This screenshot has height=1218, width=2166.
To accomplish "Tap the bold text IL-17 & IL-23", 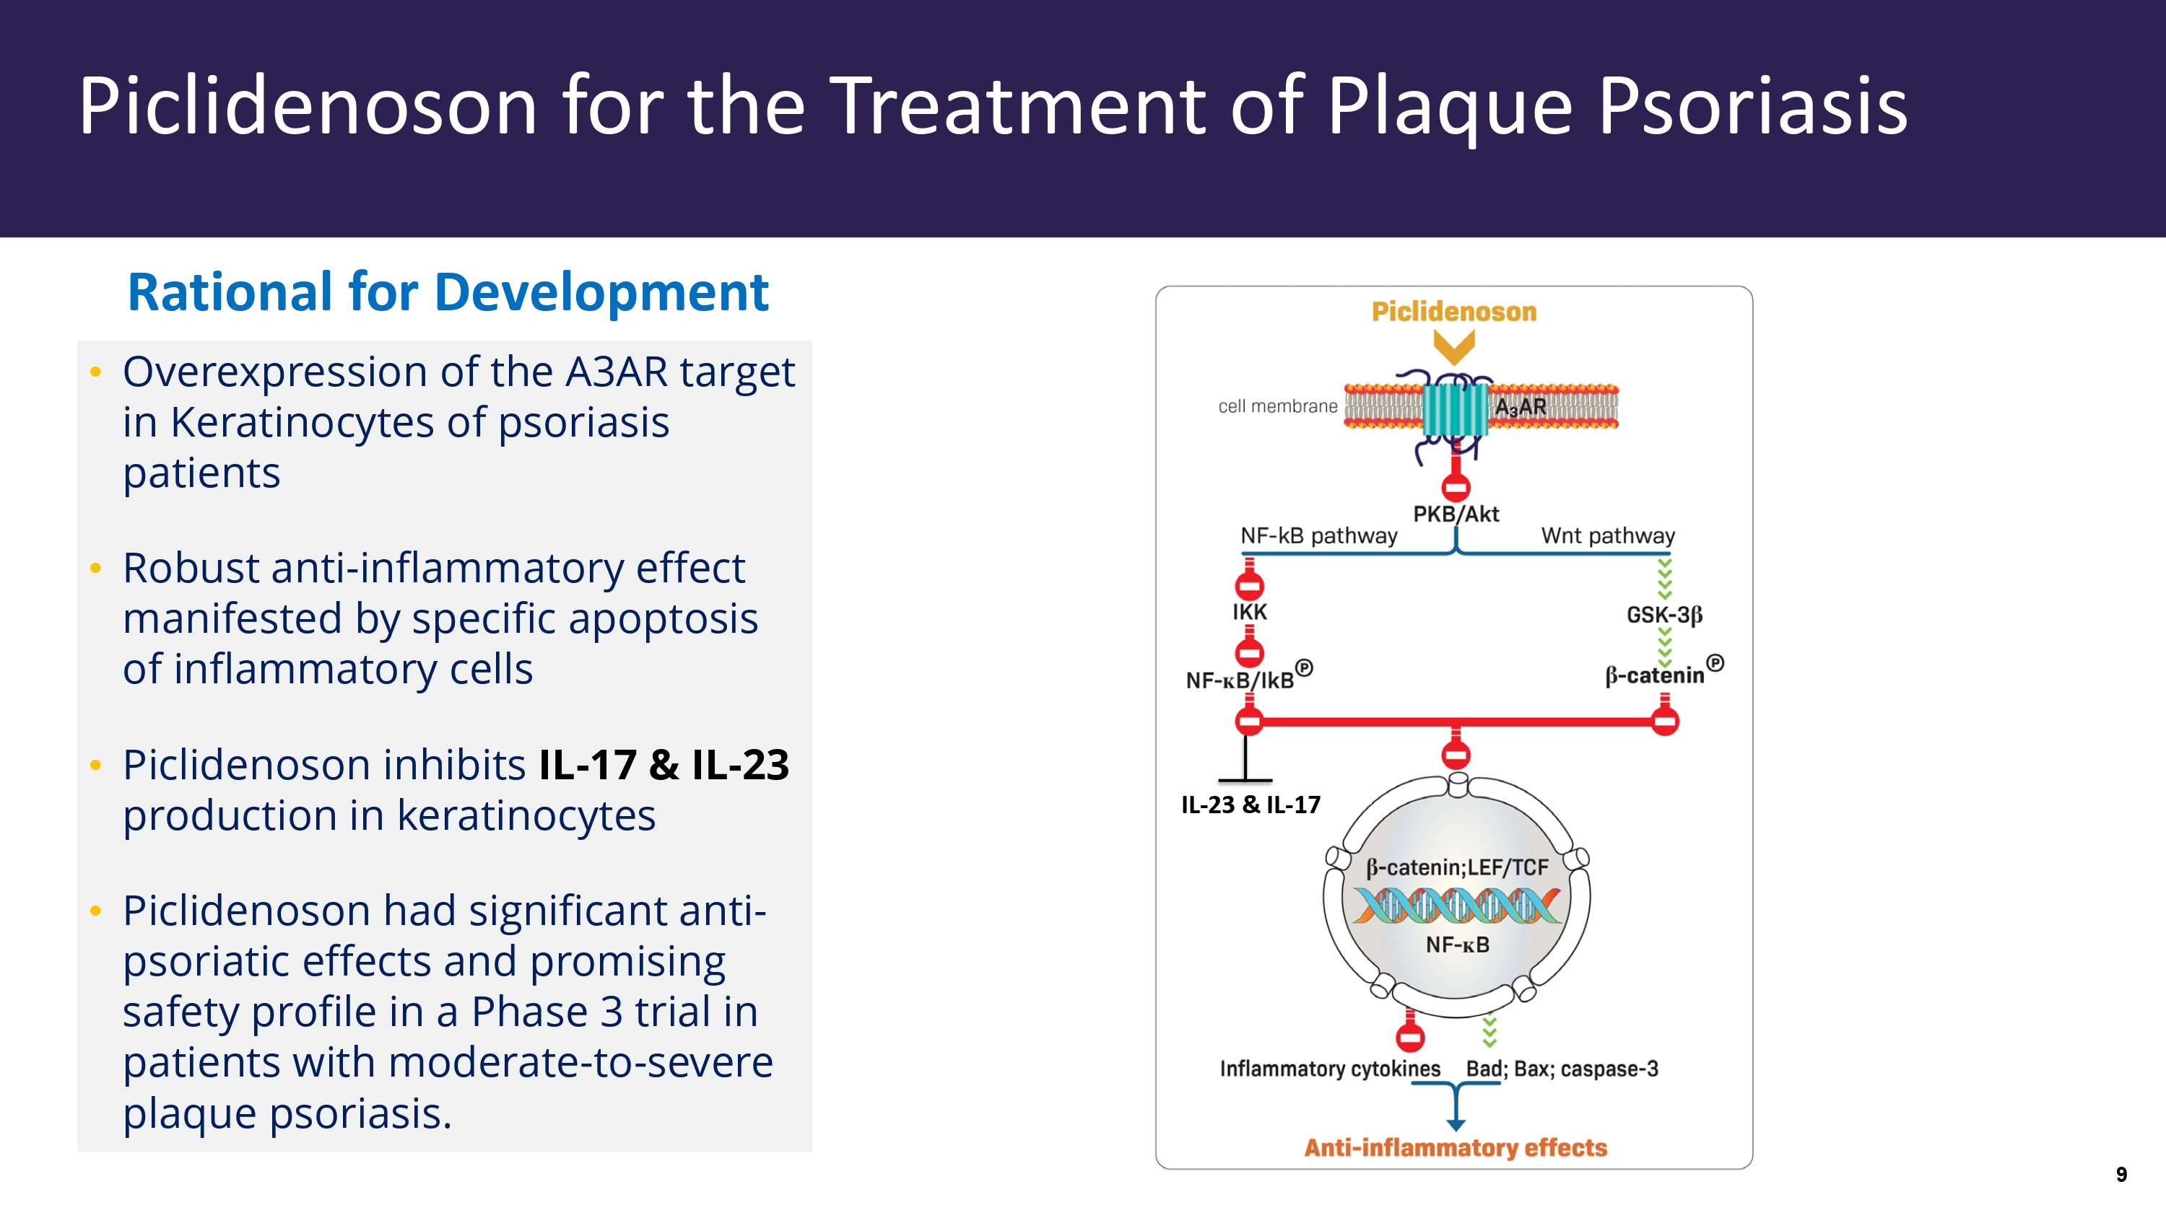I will pyautogui.click(x=664, y=765).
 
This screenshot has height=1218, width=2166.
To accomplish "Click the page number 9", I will pyautogui.click(x=2121, y=1174).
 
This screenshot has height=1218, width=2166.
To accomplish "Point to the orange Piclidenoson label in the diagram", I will pyautogui.click(x=1454, y=312).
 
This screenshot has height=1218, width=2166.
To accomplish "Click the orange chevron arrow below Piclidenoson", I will pyautogui.click(x=1454, y=346).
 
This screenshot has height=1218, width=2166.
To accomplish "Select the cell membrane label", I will pyautogui.click(x=1277, y=407).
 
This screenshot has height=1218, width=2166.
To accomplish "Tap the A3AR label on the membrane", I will pyautogui.click(x=1521, y=407).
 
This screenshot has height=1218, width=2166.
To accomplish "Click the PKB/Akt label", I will pyautogui.click(x=1456, y=514).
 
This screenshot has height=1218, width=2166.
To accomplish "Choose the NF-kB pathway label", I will pyautogui.click(x=1318, y=535).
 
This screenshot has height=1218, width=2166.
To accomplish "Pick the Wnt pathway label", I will pyautogui.click(x=1608, y=535).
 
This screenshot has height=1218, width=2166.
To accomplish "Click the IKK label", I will pyautogui.click(x=1250, y=612).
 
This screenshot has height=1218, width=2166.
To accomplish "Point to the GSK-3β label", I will pyautogui.click(x=1664, y=615).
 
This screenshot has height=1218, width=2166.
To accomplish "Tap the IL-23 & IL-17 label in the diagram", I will pyautogui.click(x=1251, y=805).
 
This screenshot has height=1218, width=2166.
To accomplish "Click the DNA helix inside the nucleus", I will pyautogui.click(x=1456, y=906).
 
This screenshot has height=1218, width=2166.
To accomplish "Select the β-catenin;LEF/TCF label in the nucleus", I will pyautogui.click(x=1457, y=867).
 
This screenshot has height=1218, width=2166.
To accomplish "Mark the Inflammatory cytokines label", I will pyautogui.click(x=1329, y=1069).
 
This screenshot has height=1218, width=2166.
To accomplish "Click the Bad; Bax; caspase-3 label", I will pyautogui.click(x=1562, y=1069).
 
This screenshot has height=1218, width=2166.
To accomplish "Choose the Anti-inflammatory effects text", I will pyautogui.click(x=1456, y=1147).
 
